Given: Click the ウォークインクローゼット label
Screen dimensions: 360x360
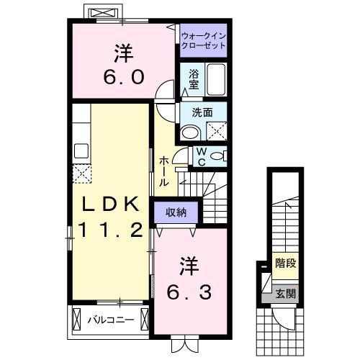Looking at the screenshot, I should [203, 40].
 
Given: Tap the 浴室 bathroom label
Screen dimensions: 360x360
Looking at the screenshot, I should [194, 78].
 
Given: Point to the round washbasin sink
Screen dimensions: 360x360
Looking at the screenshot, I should [190, 132].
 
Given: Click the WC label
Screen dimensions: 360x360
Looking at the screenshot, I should [202, 156].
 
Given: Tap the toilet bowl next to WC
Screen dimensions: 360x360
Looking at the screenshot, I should [219, 156].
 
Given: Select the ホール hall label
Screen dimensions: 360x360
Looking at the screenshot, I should [164, 171].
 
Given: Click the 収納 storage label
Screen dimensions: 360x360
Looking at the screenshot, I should [176, 212].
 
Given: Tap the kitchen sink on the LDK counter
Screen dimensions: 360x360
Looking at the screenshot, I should [81, 151].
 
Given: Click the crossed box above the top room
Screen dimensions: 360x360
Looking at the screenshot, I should [99, 14].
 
